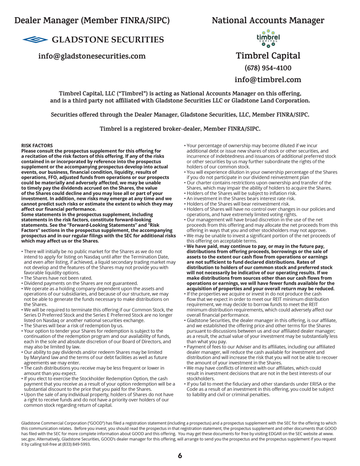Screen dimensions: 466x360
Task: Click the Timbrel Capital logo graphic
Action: pos(268,38)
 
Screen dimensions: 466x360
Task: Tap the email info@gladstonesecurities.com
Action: pos(92,56)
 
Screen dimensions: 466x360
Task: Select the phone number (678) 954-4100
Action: pos(268,68)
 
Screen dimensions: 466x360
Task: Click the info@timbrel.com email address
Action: pos(268,80)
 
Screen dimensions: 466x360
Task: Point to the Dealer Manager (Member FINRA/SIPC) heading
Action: pos(92,21)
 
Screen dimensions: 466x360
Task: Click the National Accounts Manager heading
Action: pos(268,21)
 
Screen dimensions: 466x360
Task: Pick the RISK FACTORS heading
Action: pos(37,146)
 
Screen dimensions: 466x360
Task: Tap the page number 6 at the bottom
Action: pos(180,455)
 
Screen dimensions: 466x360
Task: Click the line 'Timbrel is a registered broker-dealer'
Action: pos(180,129)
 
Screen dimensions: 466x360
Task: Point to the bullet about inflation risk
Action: pos(241,193)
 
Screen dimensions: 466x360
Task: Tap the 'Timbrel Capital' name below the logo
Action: pos(268,56)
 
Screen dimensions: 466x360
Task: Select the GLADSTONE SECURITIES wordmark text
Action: pos(108,40)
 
